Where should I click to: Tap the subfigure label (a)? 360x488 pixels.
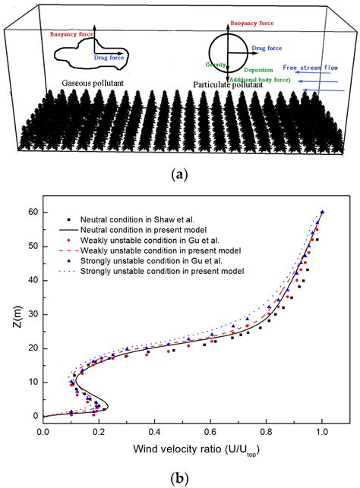point(180,174)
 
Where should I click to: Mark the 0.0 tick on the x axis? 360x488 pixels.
point(43,429)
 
